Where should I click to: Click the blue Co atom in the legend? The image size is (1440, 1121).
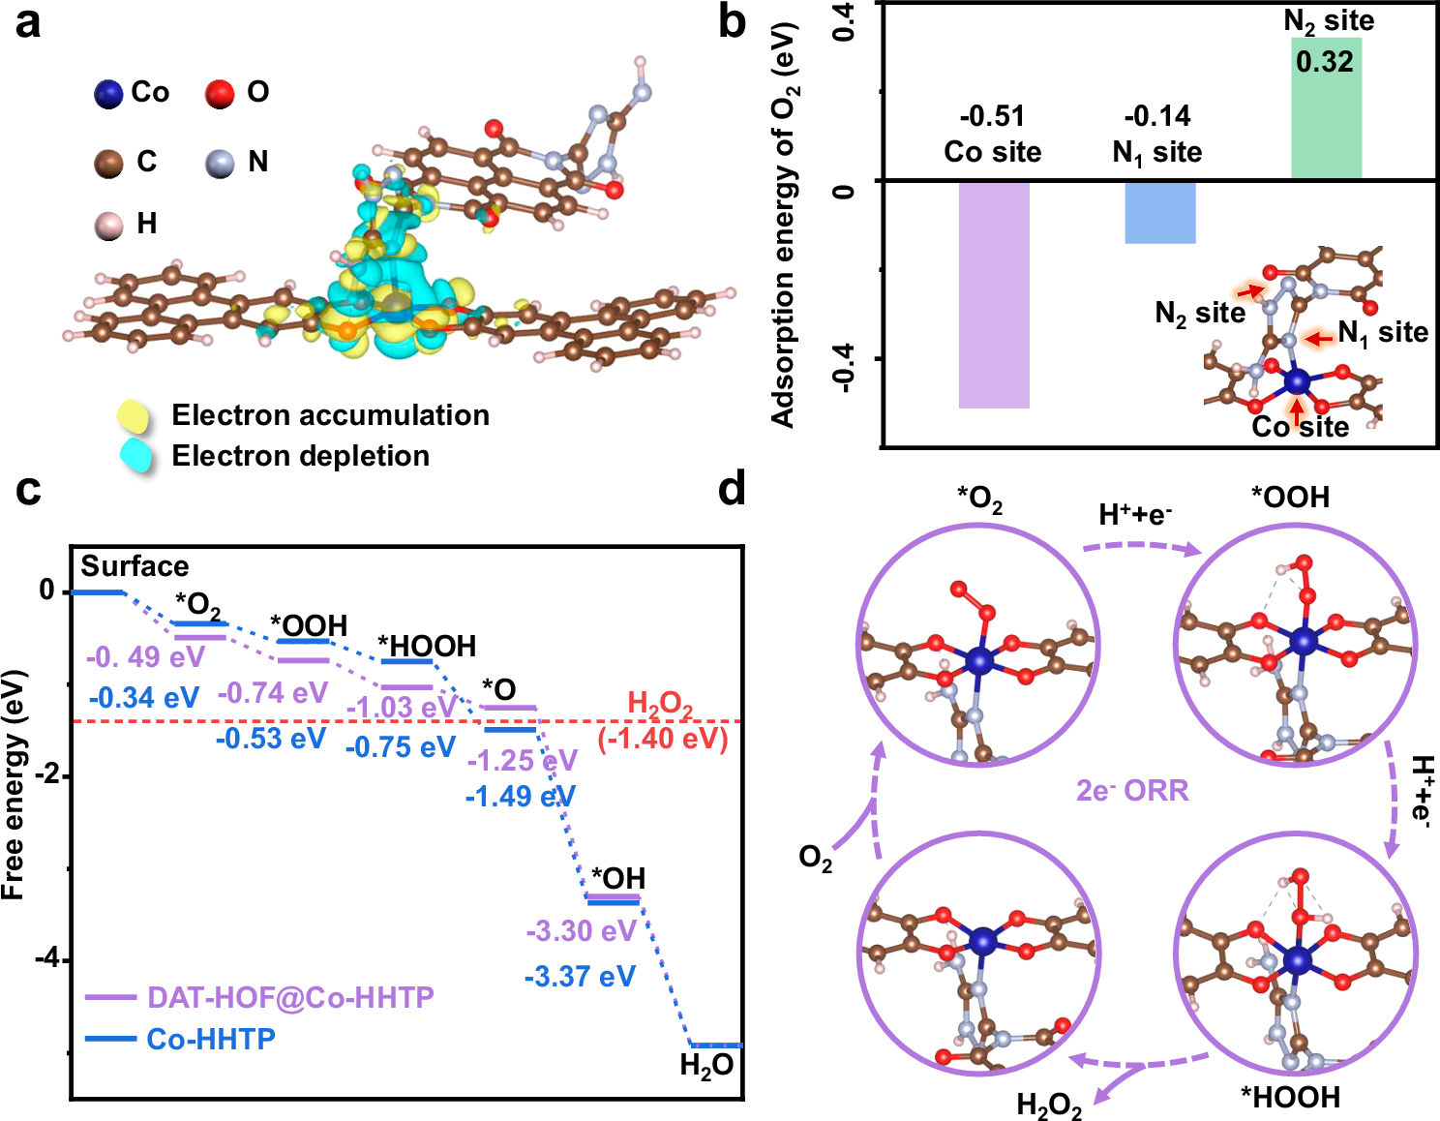click(x=108, y=94)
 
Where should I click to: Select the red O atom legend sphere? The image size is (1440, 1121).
click(x=220, y=94)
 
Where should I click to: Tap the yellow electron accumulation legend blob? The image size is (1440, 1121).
click(x=134, y=416)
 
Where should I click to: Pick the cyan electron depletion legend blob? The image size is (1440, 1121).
click(x=137, y=455)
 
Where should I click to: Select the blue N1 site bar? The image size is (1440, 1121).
click(x=1159, y=212)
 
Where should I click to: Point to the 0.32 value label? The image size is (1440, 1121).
click(x=1325, y=62)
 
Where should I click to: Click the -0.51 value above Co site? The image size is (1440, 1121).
click(x=992, y=117)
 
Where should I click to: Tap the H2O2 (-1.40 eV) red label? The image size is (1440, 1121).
click(x=662, y=721)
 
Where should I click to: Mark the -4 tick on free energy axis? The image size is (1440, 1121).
click(x=47, y=958)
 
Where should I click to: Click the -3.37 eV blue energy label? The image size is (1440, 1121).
click(x=580, y=976)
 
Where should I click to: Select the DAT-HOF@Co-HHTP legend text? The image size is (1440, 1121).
click(x=290, y=997)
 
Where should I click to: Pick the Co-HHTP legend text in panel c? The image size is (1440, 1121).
click(x=211, y=1039)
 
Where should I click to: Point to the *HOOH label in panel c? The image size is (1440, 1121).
click(x=427, y=646)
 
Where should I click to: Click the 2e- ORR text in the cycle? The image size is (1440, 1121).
click(x=1132, y=791)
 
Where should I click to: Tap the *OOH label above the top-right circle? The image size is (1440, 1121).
click(x=1290, y=498)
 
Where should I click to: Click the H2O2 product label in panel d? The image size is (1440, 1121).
click(x=1049, y=1105)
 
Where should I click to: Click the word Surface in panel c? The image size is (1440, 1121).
click(x=135, y=566)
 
